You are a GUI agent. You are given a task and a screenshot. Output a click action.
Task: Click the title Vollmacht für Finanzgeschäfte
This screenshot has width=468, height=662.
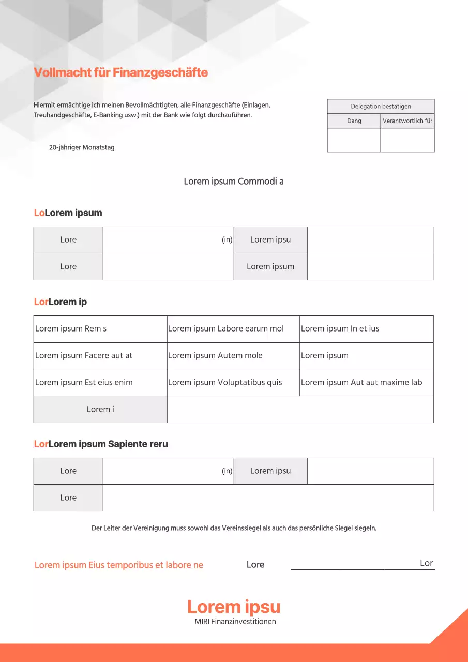(120, 72)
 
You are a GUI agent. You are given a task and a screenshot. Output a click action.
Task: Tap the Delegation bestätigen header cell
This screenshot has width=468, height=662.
(381, 107)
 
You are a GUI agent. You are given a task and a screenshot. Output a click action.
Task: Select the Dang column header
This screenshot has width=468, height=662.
(354, 121)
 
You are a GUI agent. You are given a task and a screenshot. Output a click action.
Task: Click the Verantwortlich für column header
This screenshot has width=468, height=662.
(407, 121)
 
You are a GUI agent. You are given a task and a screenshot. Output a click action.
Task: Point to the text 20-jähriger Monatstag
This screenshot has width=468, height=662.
(82, 147)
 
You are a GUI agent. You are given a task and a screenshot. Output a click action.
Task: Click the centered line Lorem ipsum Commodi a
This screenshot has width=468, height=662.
(234, 182)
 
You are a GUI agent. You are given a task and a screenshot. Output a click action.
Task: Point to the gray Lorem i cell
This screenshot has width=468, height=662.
(100, 410)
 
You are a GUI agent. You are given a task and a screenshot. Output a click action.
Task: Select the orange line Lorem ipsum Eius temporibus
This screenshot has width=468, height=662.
(119, 565)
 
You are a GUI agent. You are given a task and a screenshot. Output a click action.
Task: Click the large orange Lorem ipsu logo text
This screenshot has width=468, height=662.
(234, 607)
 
